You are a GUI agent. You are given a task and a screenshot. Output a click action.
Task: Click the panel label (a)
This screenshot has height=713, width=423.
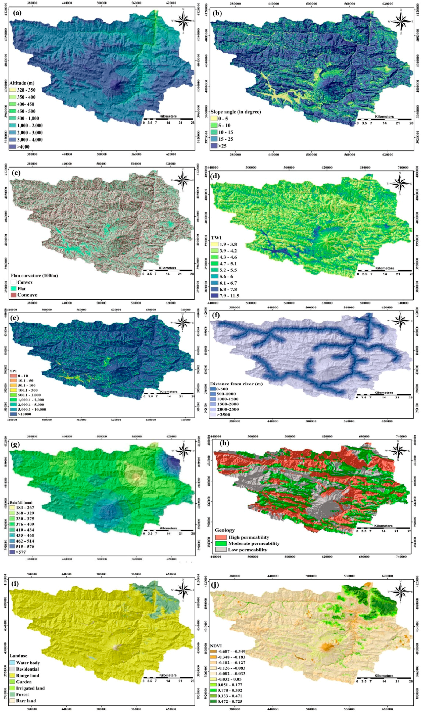coord(17,13)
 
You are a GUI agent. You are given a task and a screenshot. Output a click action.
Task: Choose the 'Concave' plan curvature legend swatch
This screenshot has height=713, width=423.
coord(13,295)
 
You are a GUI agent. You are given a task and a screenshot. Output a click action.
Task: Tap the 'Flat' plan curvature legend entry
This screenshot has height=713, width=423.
coord(21,289)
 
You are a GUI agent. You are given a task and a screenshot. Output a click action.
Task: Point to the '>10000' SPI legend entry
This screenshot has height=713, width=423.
coord(24,414)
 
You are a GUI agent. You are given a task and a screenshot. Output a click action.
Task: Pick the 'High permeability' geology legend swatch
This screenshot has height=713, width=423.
coord(220,537)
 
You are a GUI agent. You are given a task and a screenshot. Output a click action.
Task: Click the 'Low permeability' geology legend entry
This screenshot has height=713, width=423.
coord(247,550)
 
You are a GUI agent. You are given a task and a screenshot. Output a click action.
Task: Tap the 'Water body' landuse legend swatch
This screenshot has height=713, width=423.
coord(12,663)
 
